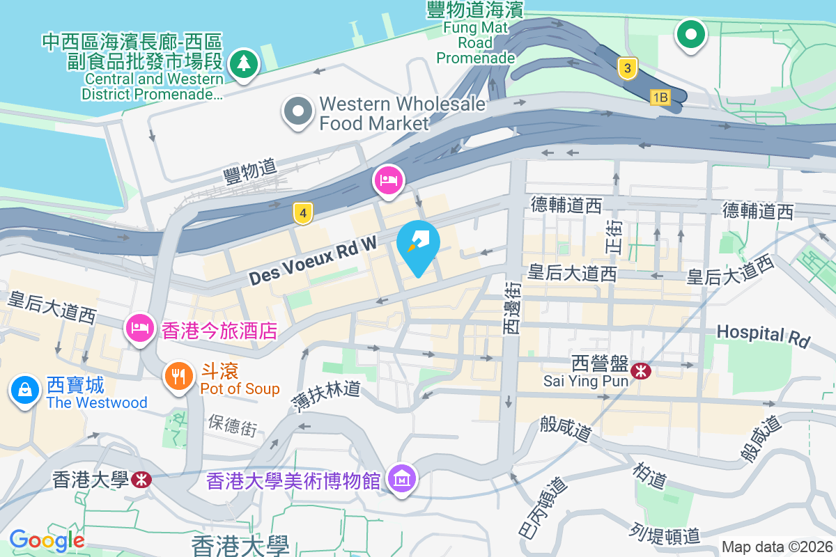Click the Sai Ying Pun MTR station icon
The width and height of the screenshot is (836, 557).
coord(640,372)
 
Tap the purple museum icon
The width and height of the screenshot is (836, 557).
coord(402,479)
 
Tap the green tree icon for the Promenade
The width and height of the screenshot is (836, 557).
coord(243,65)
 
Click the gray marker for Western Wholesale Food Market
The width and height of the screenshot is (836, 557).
coord(298,111)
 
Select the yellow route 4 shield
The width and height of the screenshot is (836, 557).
coord(302,213)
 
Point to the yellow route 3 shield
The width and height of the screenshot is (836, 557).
coord(628,68)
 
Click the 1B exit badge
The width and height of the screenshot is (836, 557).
coord(660,97)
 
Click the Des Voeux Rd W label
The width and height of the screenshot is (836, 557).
coord(313,260)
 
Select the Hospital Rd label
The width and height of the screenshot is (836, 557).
coord(764,335)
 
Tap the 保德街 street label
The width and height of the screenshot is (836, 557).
coord(232,424)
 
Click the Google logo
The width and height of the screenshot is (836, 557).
coord(47,540)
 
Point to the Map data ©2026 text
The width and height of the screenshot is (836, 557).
coord(777,547)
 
